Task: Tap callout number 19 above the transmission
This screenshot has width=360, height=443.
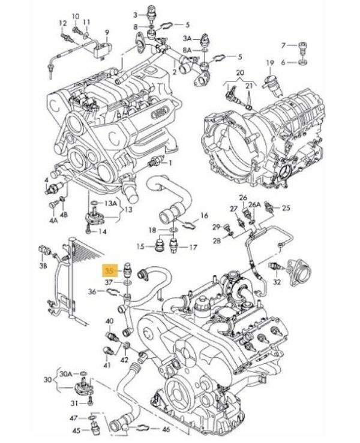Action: point(270,62)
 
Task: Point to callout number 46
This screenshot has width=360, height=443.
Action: point(166,430)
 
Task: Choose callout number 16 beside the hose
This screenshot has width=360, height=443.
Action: point(204,215)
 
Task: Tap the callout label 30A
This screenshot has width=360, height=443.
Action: point(67,374)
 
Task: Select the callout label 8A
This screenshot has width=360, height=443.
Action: point(187,50)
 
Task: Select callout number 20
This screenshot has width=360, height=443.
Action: point(240,72)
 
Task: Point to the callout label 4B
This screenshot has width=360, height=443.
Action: point(64,214)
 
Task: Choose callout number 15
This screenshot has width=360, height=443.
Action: point(139,246)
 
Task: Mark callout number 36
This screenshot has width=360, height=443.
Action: point(91,292)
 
